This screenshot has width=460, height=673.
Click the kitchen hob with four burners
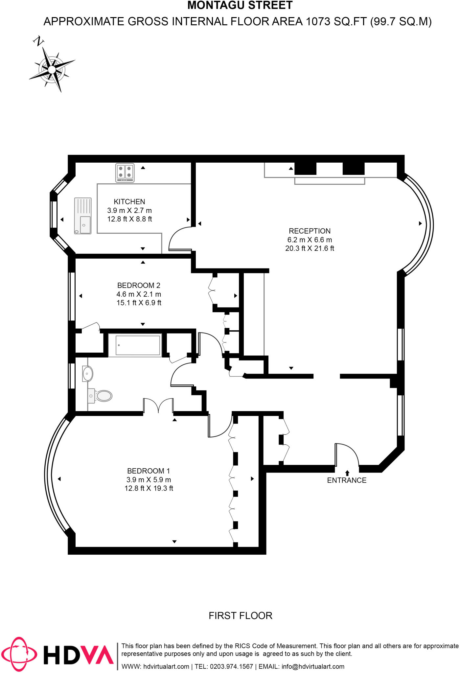click(x=125, y=173)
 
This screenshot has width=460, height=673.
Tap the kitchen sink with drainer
click(x=83, y=216)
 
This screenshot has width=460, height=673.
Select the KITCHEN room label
click(x=129, y=202)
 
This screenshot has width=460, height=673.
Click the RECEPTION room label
click(x=310, y=231)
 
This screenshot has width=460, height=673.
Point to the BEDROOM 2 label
click(x=139, y=286)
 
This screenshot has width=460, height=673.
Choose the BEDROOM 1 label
click(x=149, y=471)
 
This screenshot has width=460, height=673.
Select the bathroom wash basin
click(x=87, y=374)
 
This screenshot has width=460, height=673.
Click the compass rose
click(x=52, y=70)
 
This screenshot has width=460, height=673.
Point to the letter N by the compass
click(x=39, y=41)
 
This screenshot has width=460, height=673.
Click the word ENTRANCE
click(x=347, y=480)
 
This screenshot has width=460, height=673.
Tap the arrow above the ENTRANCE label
click(x=347, y=473)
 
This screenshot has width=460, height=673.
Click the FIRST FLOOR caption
click(x=241, y=615)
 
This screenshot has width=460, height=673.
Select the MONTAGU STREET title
click(x=240, y=6)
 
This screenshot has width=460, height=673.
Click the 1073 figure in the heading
click(x=318, y=22)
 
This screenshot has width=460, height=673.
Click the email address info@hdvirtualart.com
click(x=313, y=666)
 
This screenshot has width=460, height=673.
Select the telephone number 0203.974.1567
click(x=231, y=666)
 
